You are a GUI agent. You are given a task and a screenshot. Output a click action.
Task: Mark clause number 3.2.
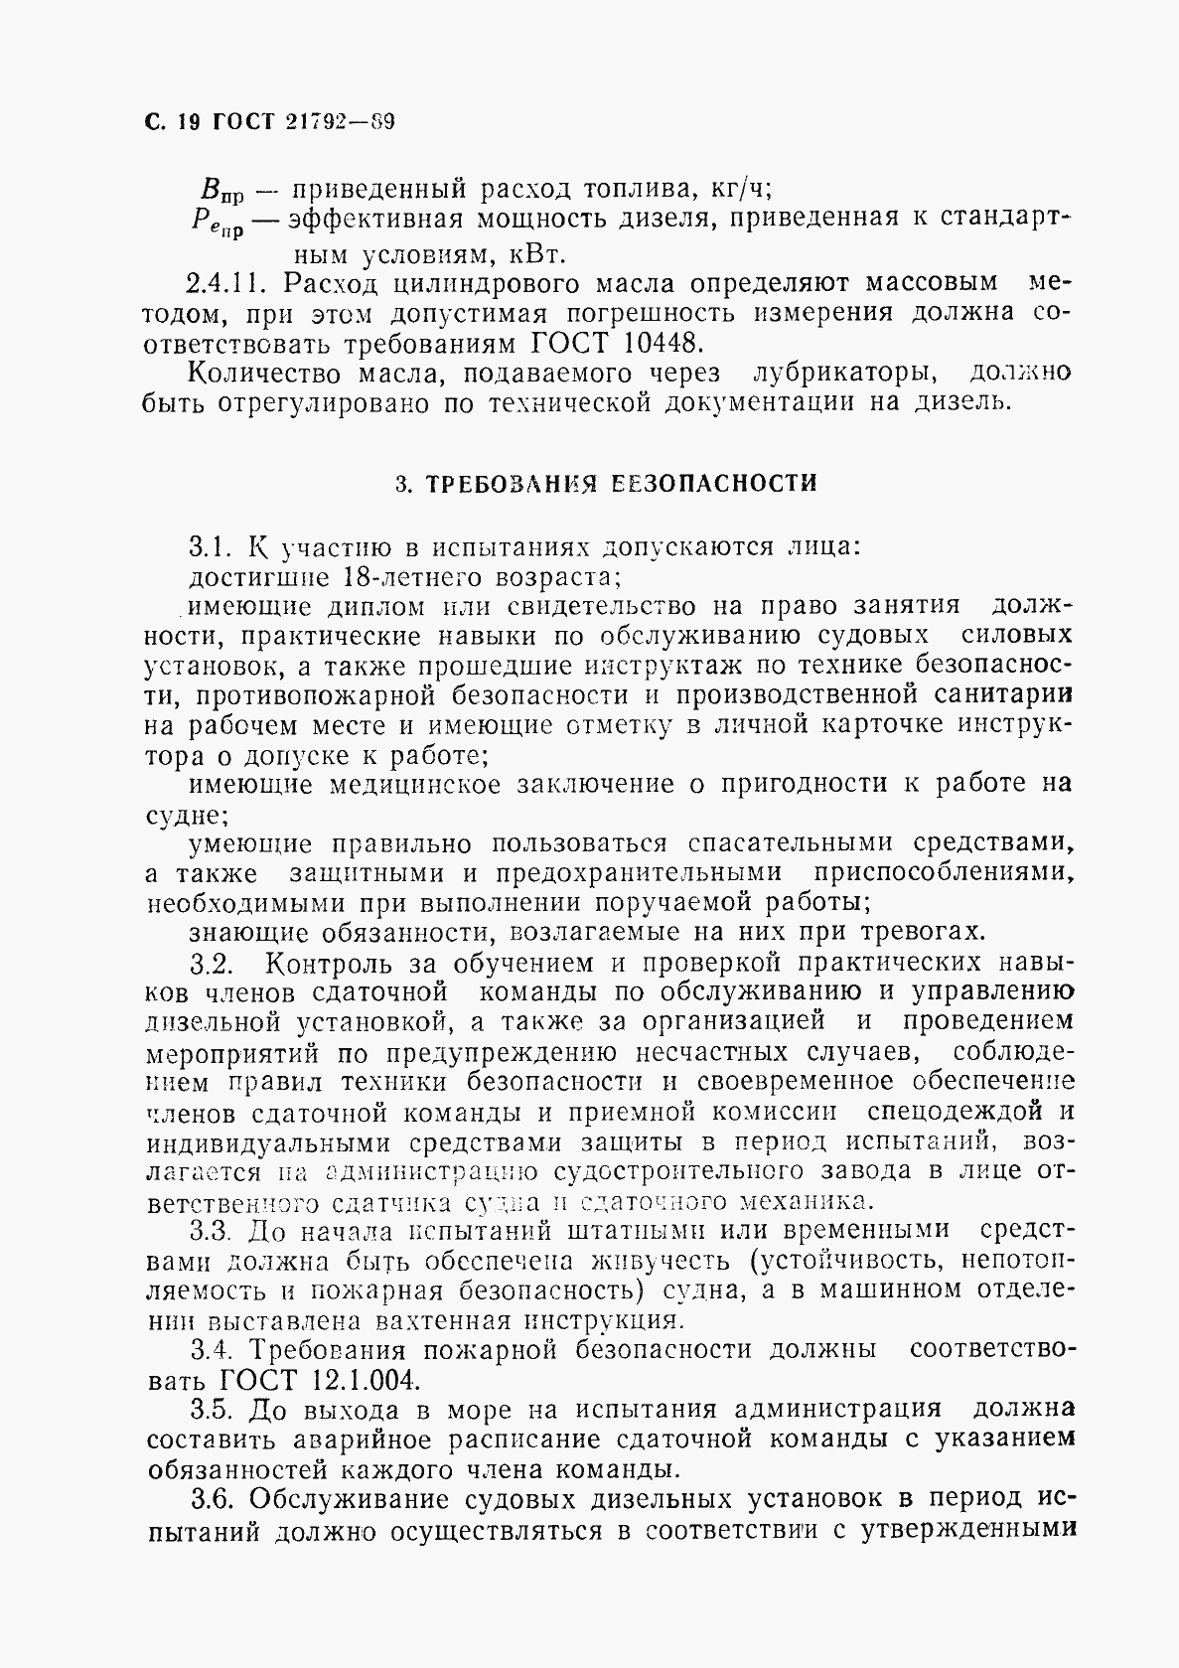coord(211,963)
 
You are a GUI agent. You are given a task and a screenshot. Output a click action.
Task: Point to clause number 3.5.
coord(211,1410)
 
